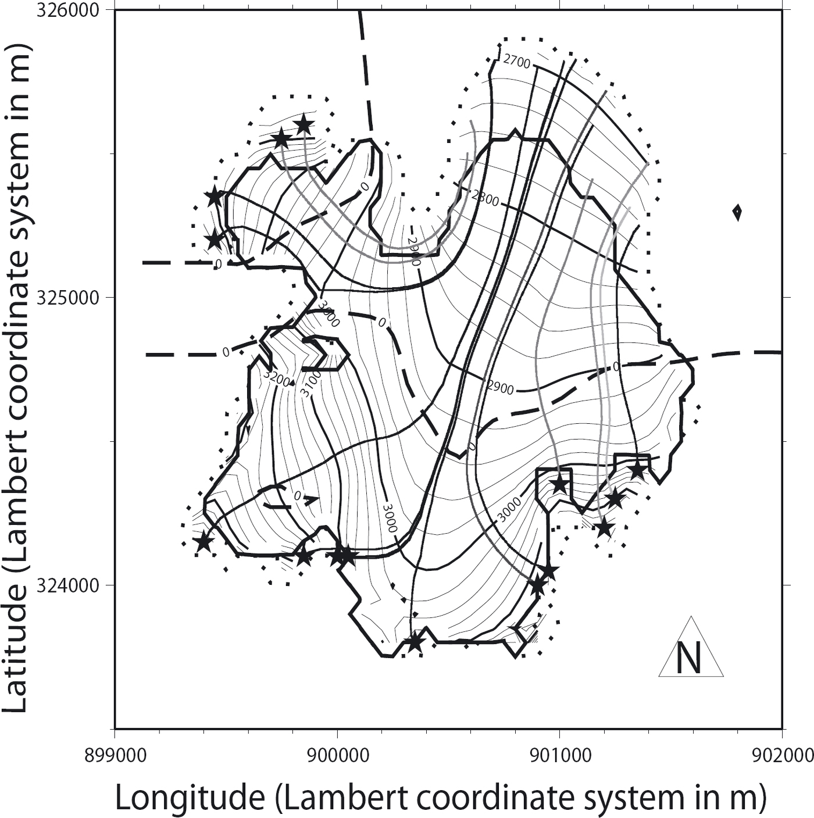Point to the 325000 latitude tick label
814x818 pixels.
tap(74, 298)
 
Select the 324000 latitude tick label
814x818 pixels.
tap(74, 585)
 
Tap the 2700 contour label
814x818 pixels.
tap(516, 62)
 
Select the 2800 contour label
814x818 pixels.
tap(485, 198)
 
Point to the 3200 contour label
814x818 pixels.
tap(276, 378)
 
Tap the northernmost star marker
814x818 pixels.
tap(304, 125)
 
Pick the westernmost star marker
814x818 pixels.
tap(204, 542)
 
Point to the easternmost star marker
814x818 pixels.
tap(637, 470)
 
